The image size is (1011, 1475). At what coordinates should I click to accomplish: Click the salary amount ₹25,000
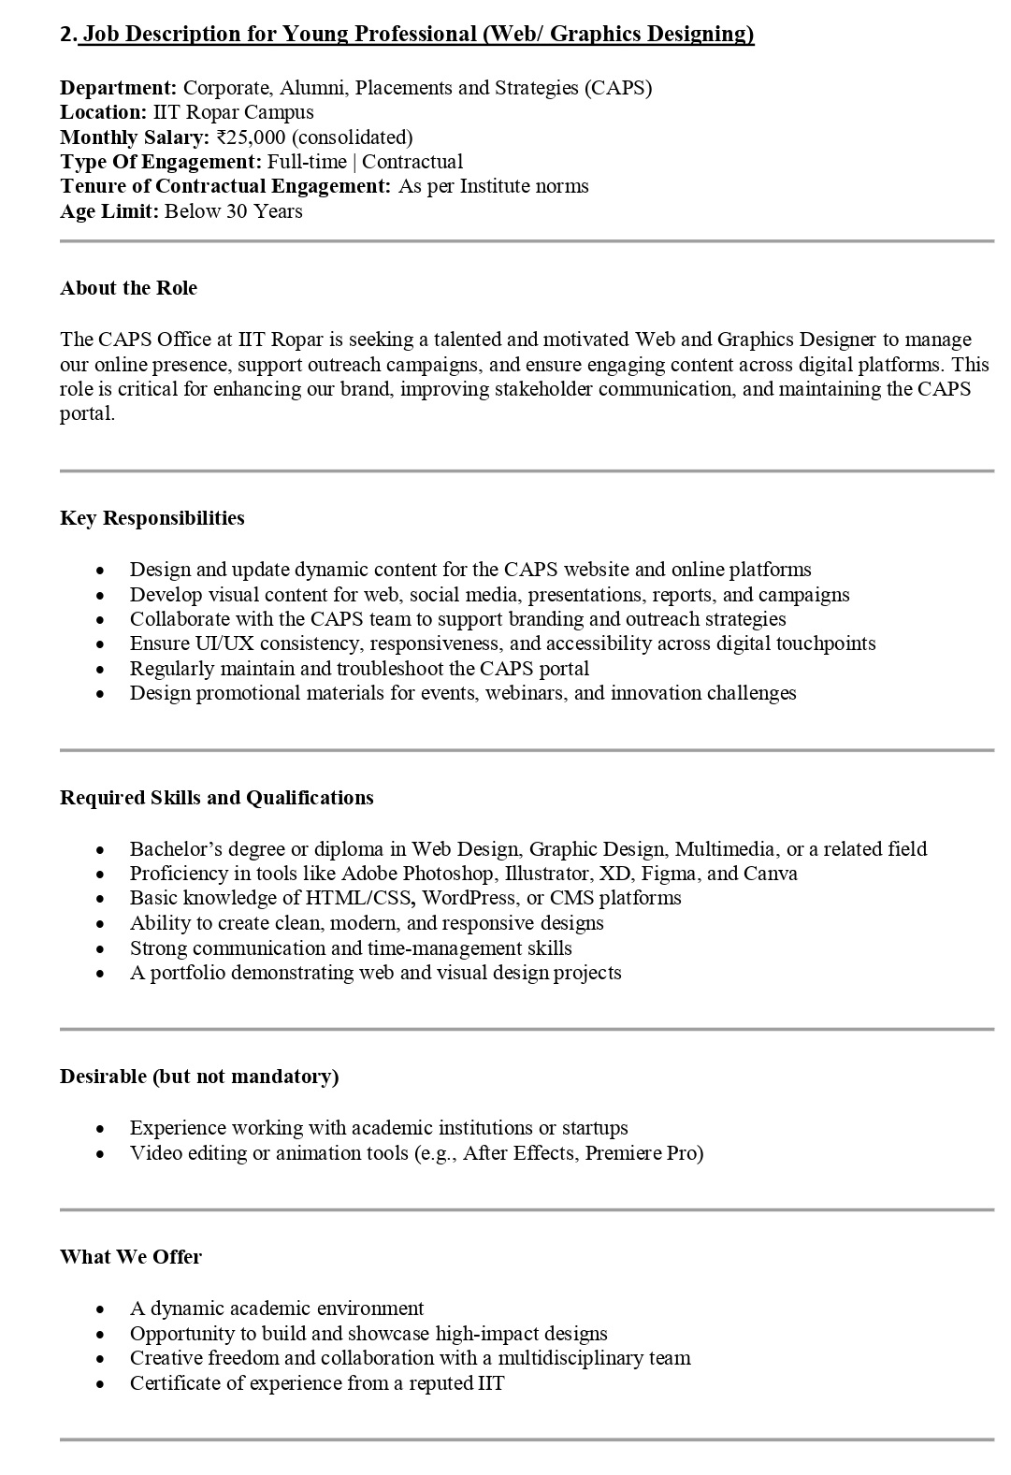click(x=251, y=137)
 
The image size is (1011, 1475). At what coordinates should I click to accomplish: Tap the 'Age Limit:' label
click(x=109, y=211)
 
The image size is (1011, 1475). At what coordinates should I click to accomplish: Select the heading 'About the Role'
click(x=129, y=288)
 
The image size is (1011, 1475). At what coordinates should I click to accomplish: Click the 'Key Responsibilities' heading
click(x=152, y=518)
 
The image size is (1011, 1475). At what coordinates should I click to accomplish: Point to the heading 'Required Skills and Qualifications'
click(x=217, y=798)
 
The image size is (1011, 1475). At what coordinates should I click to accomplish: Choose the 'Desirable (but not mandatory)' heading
click(x=199, y=1077)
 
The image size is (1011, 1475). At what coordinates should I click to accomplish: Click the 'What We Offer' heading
click(x=131, y=1257)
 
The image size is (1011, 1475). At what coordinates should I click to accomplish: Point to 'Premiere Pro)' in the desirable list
click(x=644, y=1153)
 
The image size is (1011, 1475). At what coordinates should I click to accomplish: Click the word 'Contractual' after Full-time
click(x=412, y=162)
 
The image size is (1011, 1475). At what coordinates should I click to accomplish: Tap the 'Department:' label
click(x=119, y=88)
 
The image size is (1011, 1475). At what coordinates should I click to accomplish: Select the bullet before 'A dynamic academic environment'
click(x=101, y=1309)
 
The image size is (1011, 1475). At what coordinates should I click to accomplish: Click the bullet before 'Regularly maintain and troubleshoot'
click(x=101, y=670)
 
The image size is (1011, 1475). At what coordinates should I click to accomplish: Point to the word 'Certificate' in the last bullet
click(x=173, y=1383)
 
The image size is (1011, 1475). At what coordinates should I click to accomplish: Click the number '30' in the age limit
click(x=238, y=211)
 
